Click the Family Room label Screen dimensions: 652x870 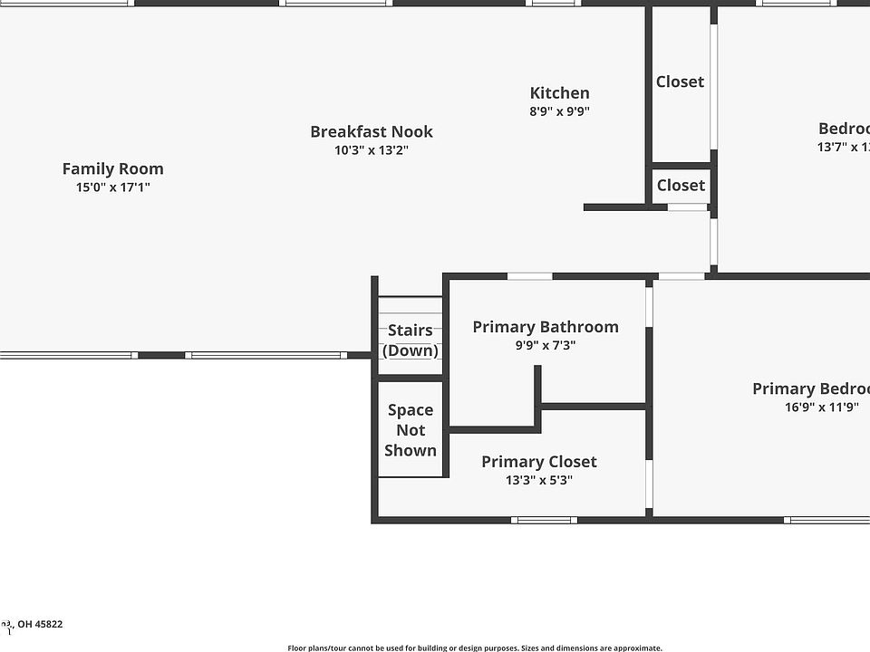pos(113,168)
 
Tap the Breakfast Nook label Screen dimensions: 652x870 pos(372,131)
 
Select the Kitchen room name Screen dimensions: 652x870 pos(559,92)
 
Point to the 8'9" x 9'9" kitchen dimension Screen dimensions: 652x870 pos(559,112)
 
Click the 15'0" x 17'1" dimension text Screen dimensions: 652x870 pos(113,188)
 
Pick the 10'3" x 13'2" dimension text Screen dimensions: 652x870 pos(372,150)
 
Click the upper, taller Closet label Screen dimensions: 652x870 pos(680,81)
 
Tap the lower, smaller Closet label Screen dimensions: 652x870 pos(681,186)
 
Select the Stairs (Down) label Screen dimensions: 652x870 pos(411,340)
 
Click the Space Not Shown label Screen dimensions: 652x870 pos(411,430)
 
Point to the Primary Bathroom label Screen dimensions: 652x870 pos(546,327)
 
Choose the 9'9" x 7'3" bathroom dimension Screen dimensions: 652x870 pos(546,346)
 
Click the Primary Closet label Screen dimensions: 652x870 pos(539,462)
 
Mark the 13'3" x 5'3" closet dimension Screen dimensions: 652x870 pos(539,481)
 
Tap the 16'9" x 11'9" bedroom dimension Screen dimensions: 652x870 pos(821,407)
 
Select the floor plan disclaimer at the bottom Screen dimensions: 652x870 pos(475,647)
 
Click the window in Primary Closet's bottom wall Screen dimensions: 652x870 pos(544,520)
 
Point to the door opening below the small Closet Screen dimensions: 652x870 pos(688,207)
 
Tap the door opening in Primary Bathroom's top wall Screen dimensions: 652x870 pos(529,276)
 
